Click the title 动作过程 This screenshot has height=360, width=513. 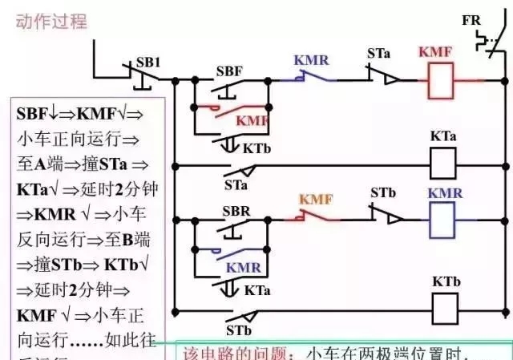[x=50, y=22]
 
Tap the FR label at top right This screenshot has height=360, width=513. [x=471, y=20]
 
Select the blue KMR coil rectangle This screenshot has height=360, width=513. [x=443, y=218]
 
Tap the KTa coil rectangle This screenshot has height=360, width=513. [x=443, y=164]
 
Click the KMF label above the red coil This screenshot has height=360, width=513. [x=435, y=53]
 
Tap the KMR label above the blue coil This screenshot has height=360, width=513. [x=444, y=193]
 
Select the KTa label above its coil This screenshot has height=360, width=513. [x=443, y=136]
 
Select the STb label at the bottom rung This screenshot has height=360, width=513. [x=238, y=329]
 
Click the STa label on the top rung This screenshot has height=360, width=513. [x=379, y=54]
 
